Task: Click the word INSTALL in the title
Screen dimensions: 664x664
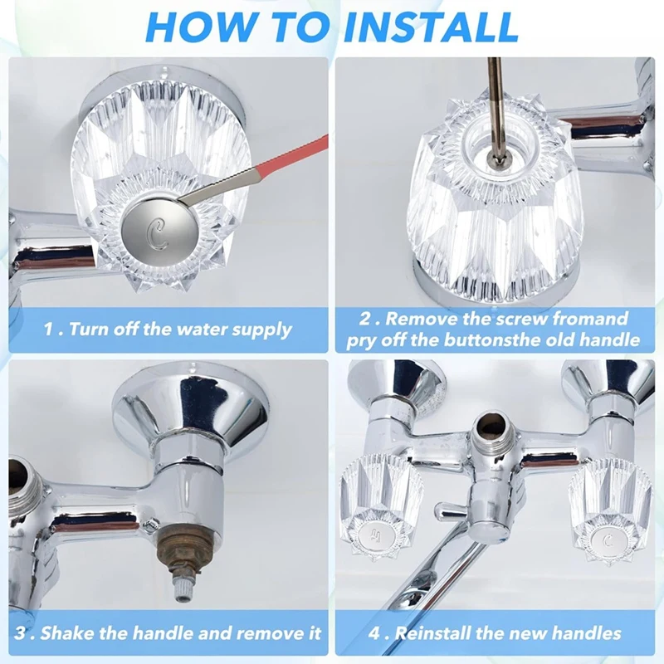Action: click(430, 27)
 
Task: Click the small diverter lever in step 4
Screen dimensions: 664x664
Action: click(452, 508)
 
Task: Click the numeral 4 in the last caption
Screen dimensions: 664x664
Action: click(375, 633)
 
